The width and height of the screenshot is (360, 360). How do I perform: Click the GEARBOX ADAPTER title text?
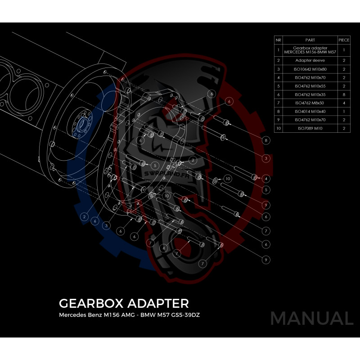pyautogui.click(x=124, y=302)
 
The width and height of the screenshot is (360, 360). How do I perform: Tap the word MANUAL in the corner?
pyautogui.click(x=312, y=319)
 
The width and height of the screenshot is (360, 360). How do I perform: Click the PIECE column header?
pyautogui.click(x=344, y=40)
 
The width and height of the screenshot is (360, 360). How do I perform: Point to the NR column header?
pyautogui.click(x=279, y=40)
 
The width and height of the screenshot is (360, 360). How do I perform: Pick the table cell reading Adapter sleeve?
pyautogui.click(x=310, y=60)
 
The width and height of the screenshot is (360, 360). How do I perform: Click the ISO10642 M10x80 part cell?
pyautogui.click(x=310, y=69)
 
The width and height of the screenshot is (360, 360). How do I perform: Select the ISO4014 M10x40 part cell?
pyautogui.click(x=310, y=111)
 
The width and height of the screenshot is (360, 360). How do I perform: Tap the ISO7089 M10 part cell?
pyautogui.click(x=310, y=128)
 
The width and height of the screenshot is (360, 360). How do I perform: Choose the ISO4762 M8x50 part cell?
pyautogui.click(x=310, y=103)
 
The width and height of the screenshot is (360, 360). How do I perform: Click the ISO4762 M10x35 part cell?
pyautogui.click(x=310, y=94)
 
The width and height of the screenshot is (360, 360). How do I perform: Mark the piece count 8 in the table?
pyautogui.click(x=344, y=94)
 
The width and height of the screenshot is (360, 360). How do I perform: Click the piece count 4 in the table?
pyautogui.click(x=344, y=103)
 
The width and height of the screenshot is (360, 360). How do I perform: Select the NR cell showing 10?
pyautogui.click(x=279, y=128)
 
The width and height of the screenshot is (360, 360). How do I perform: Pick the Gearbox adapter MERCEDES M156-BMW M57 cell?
pyautogui.click(x=310, y=50)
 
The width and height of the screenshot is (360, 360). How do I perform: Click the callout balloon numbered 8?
pyautogui.click(x=266, y=140)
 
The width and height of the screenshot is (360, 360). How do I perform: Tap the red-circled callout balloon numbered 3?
pyautogui.click(x=266, y=158)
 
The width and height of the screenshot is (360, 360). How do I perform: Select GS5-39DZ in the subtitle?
pyautogui.click(x=184, y=315)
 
